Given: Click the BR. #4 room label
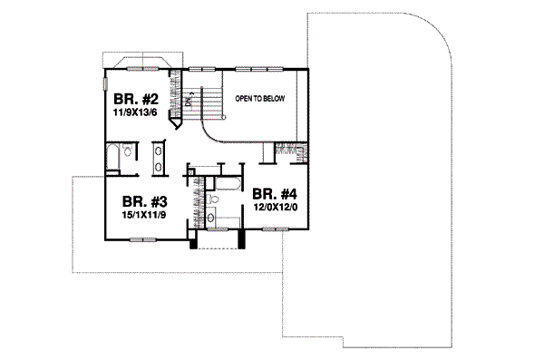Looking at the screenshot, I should [x=276, y=193].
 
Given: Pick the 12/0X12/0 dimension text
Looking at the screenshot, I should [x=276, y=208].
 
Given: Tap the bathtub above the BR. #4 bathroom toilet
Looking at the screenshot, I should [x=225, y=185].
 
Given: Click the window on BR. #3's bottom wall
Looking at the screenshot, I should [x=141, y=239].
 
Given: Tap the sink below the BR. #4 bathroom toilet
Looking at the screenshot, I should [x=210, y=217].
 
